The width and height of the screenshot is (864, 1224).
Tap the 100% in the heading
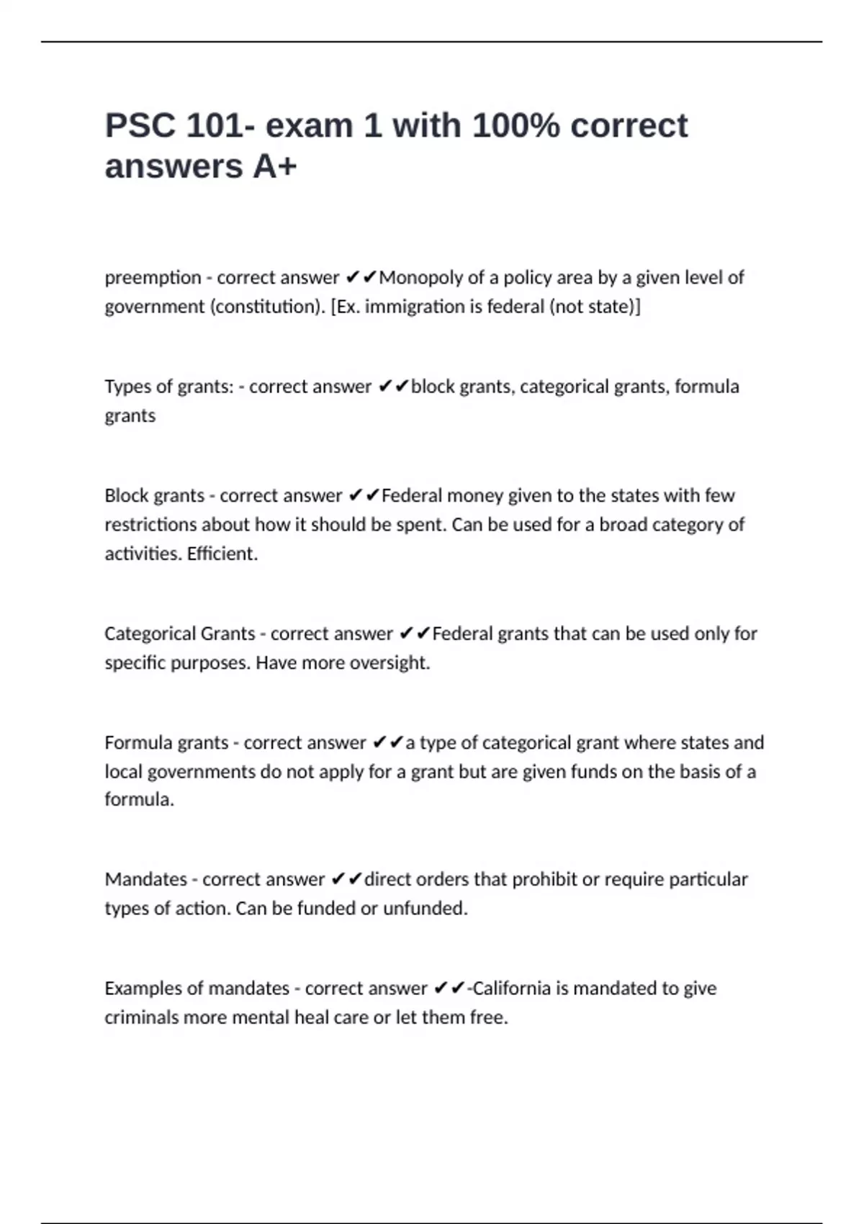pyautogui.click(x=516, y=126)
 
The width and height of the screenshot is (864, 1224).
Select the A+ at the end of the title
pyautogui.click(x=274, y=167)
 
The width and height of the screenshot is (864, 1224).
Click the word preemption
pyautogui.click(x=153, y=278)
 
